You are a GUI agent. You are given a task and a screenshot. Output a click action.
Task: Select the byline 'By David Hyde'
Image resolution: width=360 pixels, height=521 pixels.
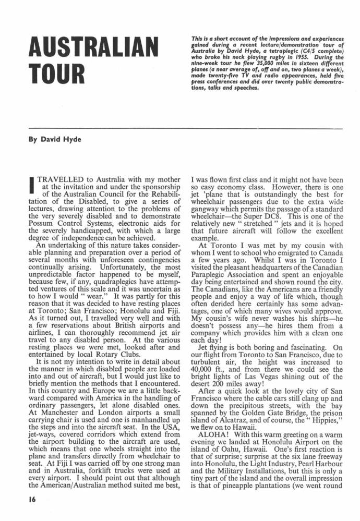tap(46, 140)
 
